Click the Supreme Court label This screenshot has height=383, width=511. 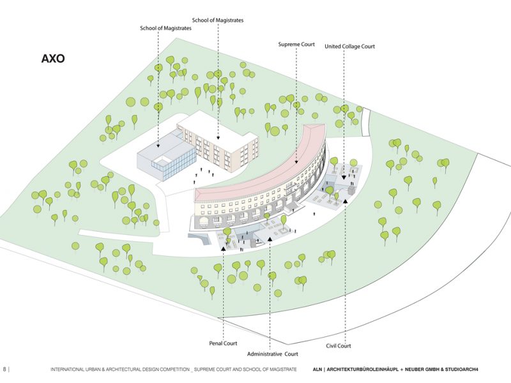(296, 44)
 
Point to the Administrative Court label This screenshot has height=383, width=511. (273, 354)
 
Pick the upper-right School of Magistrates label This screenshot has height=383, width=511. (218, 20)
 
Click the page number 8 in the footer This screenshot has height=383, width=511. (4, 369)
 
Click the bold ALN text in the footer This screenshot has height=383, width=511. (317, 370)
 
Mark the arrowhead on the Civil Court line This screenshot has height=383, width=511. (346, 200)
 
